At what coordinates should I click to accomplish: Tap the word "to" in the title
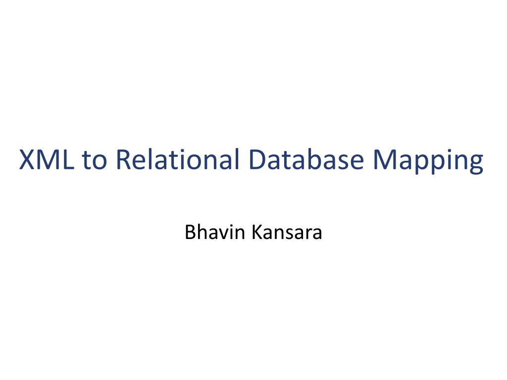pyautogui.click(x=94, y=160)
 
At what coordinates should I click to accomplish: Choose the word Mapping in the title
pyautogui.click(x=428, y=161)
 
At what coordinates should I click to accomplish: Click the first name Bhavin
pyautogui.click(x=214, y=232)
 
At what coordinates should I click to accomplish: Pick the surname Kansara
pyautogui.click(x=287, y=233)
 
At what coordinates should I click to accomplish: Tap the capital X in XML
pyautogui.click(x=27, y=159)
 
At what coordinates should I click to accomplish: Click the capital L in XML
pyautogui.click(x=67, y=159)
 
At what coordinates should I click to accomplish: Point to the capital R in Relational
pyautogui.click(x=123, y=159)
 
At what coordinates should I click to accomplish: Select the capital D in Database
pyautogui.click(x=257, y=159)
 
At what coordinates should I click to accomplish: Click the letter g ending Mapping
pyautogui.click(x=476, y=165)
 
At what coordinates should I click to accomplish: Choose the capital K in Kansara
pyautogui.click(x=257, y=233)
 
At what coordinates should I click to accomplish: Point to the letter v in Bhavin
pyautogui.click(x=225, y=235)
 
